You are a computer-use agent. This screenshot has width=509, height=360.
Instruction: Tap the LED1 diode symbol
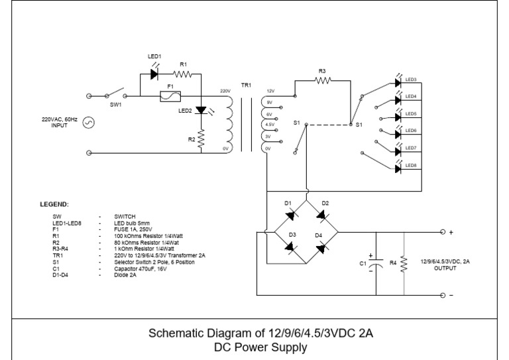(x=154, y=74)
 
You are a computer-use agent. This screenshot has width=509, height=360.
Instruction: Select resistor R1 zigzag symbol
(x=184, y=74)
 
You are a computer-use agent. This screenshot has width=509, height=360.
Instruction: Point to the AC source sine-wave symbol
(x=89, y=123)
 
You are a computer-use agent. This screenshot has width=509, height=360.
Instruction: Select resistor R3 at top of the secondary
(x=322, y=80)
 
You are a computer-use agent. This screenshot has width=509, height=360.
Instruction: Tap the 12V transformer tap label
(x=270, y=91)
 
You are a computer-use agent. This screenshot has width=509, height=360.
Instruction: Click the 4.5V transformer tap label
(x=270, y=125)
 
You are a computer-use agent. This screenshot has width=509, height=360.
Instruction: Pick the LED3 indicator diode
(x=398, y=83)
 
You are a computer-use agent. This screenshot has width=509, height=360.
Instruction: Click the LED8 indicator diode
(x=398, y=168)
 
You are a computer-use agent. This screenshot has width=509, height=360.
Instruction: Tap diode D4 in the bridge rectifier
(x=321, y=248)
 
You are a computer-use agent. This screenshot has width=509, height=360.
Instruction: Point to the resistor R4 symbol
(x=403, y=263)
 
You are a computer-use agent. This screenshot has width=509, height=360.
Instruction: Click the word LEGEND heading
(x=54, y=204)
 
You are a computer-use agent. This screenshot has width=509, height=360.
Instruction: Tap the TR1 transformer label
(x=246, y=86)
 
